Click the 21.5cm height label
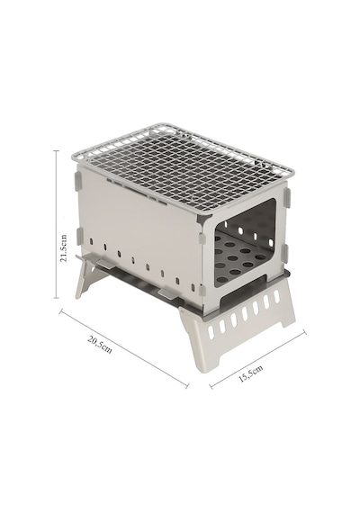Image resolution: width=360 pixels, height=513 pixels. pos(64,247)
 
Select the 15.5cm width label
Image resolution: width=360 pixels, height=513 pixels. pos(251,373)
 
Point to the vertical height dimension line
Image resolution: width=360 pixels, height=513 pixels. pos(57,224)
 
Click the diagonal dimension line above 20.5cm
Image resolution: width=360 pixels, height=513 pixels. pos(124,349)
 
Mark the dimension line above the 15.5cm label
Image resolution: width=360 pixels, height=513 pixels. pos(258,360)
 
